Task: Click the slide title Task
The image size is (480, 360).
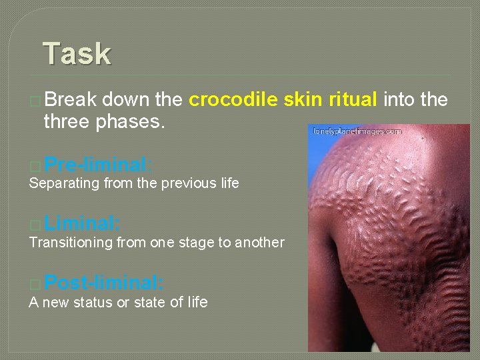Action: pos(77,53)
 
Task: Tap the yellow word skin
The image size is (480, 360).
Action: pos(303,100)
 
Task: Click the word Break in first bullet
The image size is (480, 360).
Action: pos(69,100)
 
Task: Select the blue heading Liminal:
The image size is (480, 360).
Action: pos(83,223)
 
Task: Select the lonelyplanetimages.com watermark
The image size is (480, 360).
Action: pos(357,131)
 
